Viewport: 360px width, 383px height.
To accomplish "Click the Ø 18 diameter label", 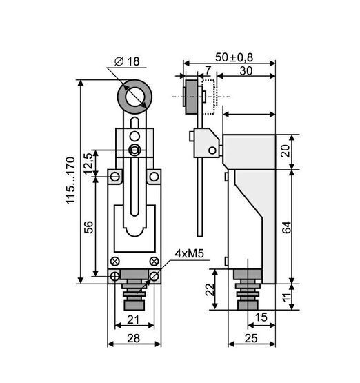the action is tap(127, 61).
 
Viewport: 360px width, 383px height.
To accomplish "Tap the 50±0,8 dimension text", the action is tap(234, 58).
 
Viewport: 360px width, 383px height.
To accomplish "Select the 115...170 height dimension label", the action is tap(70, 180).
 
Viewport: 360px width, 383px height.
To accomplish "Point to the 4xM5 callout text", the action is tap(190, 254).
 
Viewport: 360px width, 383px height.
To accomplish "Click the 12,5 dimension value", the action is tap(88, 163).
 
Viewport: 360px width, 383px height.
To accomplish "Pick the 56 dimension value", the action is tap(88, 227).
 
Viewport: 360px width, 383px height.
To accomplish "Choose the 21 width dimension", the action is tap(133, 320).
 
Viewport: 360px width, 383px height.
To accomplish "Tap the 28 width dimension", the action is tap(134, 338).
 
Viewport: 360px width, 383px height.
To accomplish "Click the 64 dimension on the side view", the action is tap(286, 227).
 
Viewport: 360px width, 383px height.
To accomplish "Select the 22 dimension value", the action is tap(210, 289).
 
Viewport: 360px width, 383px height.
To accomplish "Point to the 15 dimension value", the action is tap(261, 317).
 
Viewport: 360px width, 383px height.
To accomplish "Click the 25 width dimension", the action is tap(251, 338).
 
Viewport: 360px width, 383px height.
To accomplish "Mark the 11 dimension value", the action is tap(288, 297).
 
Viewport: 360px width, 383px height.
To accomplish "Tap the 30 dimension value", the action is tap(246, 71).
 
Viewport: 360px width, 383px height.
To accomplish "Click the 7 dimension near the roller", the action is tap(208, 70).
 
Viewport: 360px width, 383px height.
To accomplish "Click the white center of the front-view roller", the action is tap(134, 97).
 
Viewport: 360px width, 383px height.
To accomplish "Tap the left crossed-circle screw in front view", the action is tap(114, 262).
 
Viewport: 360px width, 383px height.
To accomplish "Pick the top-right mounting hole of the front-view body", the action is tap(154, 177).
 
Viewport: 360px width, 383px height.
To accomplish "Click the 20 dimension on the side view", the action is tap(286, 151).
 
